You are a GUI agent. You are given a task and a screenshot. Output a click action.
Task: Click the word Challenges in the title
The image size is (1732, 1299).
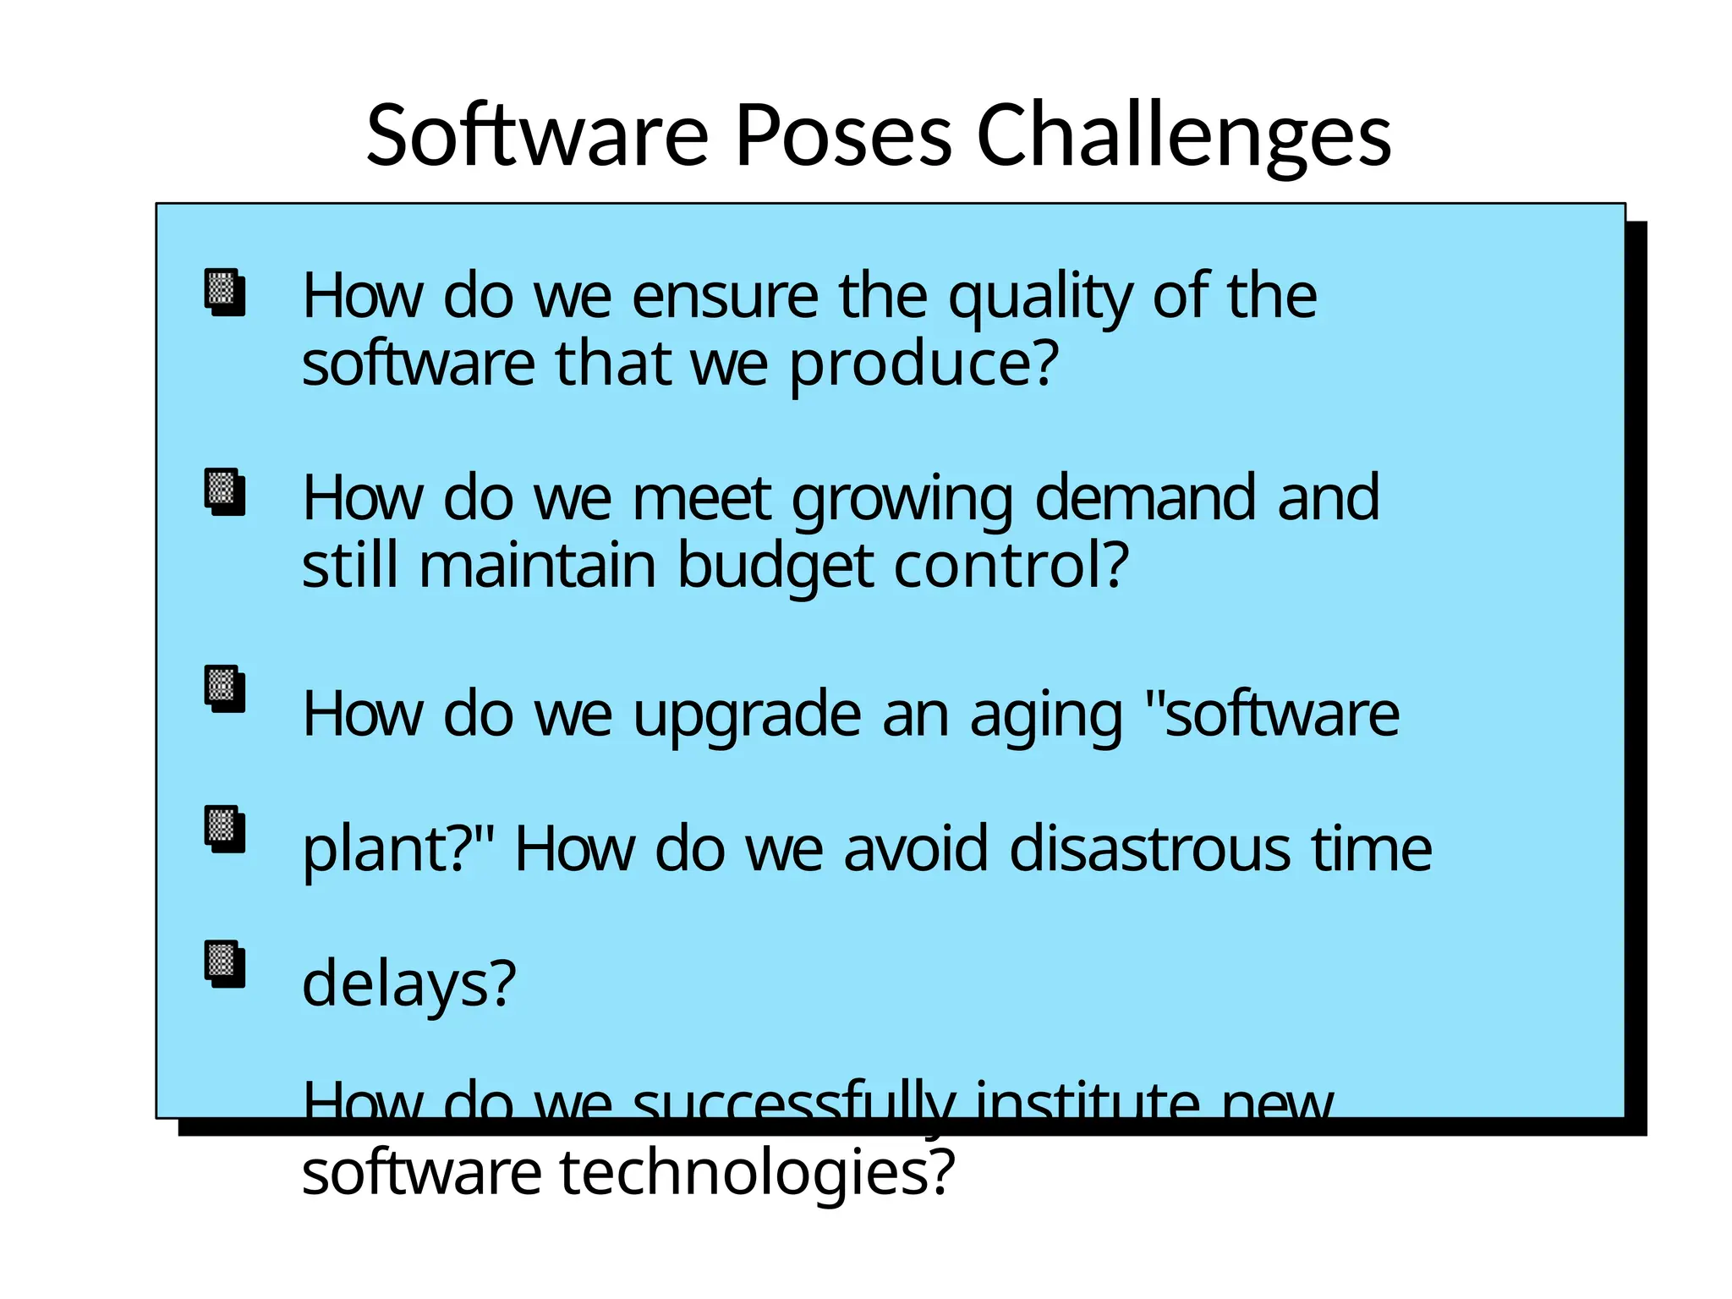point(1183,135)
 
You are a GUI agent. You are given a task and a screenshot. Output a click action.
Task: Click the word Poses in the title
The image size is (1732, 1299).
point(843,135)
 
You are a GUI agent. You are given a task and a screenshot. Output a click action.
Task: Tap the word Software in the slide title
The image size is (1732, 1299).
point(537,135)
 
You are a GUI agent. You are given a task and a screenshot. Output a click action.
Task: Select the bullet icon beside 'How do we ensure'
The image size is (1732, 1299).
point(225,293)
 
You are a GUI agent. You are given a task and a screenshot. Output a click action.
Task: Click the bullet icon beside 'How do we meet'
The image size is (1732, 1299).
point(225,492)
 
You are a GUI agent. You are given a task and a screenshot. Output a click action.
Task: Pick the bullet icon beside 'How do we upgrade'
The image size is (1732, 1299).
point(225,689)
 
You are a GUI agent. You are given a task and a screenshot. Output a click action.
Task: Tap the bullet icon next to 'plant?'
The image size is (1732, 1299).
point(225,830)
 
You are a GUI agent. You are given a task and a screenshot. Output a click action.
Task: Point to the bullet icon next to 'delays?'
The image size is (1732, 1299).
point(225,964)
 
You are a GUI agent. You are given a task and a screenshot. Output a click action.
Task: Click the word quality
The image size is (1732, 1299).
point(1039,298)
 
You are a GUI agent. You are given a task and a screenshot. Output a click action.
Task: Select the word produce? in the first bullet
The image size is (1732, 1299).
point(924,365)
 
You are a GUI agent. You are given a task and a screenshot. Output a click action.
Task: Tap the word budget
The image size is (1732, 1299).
point(775,567)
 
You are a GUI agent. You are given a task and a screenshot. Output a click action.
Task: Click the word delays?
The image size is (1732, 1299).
point(408,985)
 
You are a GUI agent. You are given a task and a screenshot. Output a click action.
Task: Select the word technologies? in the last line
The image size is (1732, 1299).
point(757,1174)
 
